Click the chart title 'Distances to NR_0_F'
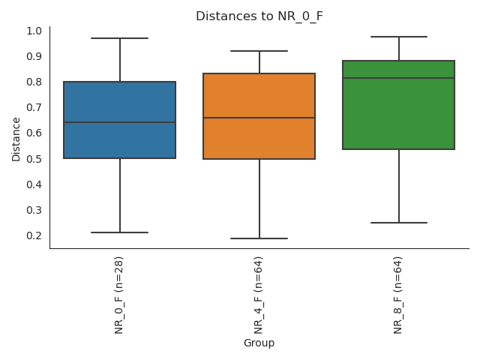point(259,16)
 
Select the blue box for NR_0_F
point(120,101)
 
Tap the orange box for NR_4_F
point(259,94)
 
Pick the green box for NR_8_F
point(398,112)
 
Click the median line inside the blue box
point(120,122)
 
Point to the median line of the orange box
point(259,118)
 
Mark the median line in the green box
point(398,78)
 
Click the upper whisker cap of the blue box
point(120,38)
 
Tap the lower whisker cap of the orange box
point(259,238)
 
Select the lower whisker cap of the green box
point(398,223)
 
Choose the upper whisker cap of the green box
point(398,37)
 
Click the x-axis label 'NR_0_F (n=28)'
point(119,293)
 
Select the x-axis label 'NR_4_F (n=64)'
point(259,293)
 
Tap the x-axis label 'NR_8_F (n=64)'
point(398,293)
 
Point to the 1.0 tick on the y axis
point(34,31)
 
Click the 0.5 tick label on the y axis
point(34,158)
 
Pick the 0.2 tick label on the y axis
point(34,235)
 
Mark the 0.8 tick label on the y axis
point(34,82)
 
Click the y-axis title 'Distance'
point(16,139)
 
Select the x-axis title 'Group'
point(259,343)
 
